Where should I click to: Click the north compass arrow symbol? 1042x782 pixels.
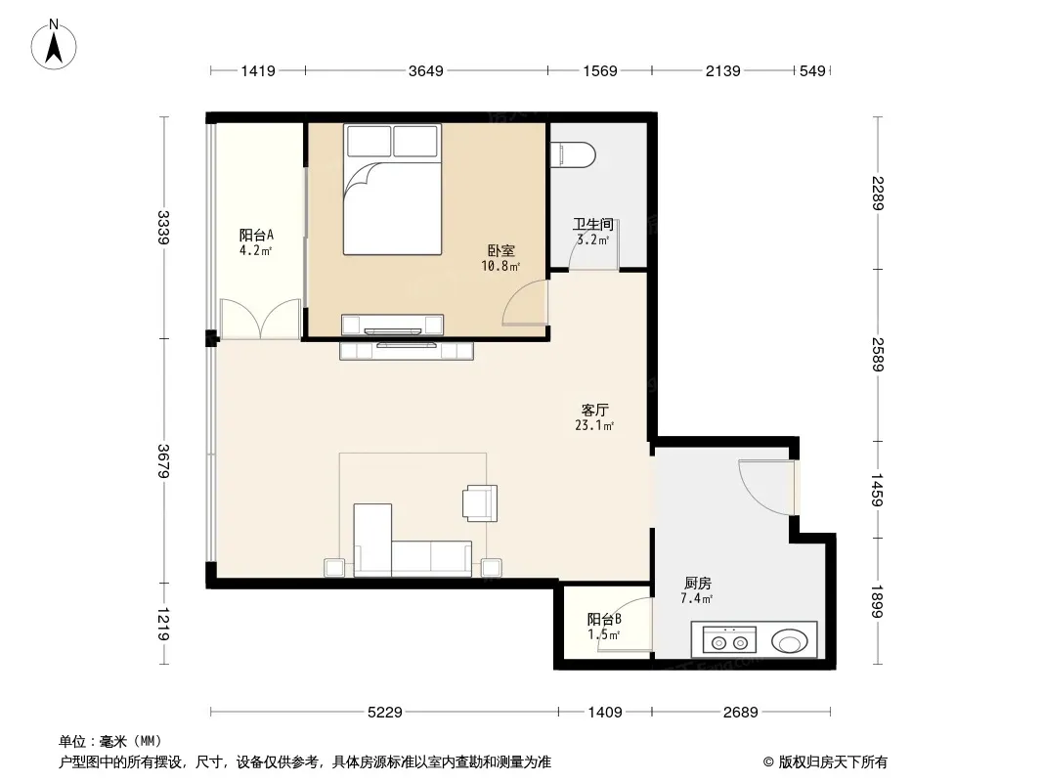[54, 45]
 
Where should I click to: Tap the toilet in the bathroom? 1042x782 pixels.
[574, 154]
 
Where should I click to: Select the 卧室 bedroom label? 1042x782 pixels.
[501, 250]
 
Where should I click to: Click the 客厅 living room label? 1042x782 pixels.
[594, 410]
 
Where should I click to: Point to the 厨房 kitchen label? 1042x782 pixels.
[697, 584]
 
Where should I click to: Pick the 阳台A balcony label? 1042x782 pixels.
[256, 236]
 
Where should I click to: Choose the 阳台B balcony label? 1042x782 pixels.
[604, 619]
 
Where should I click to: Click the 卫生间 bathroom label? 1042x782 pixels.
[592, 225]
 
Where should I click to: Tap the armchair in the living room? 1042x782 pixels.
[480, 503]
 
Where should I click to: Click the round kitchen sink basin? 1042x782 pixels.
[790, 642]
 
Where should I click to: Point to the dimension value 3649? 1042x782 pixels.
[426, 70]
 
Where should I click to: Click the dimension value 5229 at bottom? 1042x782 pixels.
[385, 713]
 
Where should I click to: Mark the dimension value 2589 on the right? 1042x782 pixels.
[878, 355]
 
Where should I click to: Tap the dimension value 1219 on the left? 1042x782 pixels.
[163, 624]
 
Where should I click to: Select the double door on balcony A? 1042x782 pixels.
[260, 319]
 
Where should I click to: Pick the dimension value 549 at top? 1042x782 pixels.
[812, 70]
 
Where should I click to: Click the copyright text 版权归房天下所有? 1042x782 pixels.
[833, 762]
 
